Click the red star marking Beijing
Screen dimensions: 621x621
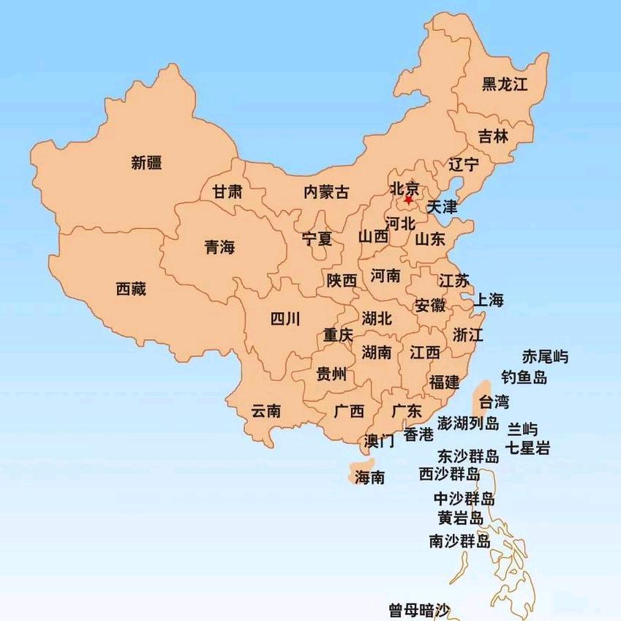click(x=408, y=199)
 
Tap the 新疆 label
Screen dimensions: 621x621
click(x=146, y=162)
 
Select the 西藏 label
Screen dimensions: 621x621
click(x=131, y=289)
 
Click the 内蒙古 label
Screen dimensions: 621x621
click(x=326, y=192)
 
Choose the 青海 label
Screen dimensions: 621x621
click(x=219, y=247)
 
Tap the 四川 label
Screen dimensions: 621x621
click(x=285, y=319)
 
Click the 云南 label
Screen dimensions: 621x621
click(x=266, y=411)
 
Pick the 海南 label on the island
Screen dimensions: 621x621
click(x=369, y=478)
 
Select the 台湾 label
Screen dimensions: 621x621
click(x=493, y=401)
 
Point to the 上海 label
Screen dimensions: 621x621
click(x=489, y=299)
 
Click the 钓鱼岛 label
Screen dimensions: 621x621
click(x=524, y=377)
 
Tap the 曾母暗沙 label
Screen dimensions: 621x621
click(x=419, y=609)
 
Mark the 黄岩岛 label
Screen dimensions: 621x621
click(x=460, y=519)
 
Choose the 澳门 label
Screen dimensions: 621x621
click(x=380, y=441)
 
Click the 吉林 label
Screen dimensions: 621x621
click(x=493, y=136)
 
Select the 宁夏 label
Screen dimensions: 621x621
click(x=317, y=238)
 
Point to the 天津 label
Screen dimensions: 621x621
click(x=442, y=207)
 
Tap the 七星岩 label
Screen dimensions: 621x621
click(x=528, y=448)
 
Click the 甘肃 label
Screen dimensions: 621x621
click(x=227, y=192)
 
